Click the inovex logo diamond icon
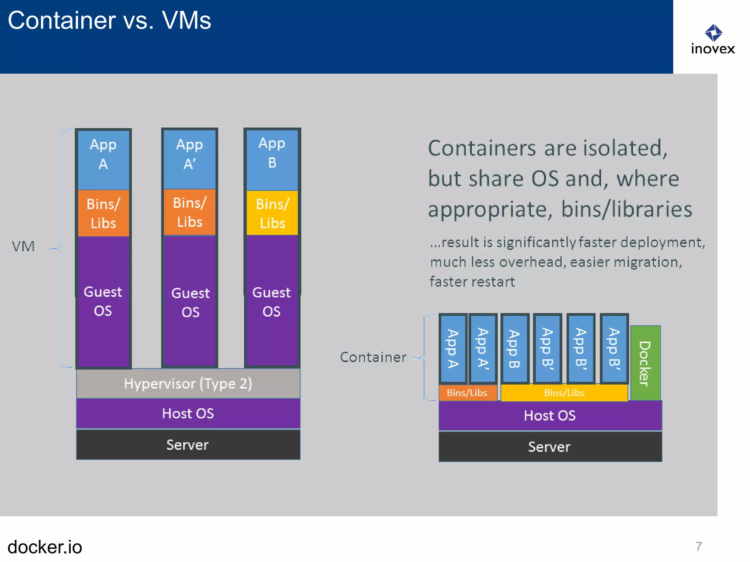(713, 33)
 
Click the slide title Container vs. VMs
(109, 20)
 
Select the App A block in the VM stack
(103, 159)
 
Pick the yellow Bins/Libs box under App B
(272, 213)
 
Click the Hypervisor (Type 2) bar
(188, 383)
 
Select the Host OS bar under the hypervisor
(188, 413)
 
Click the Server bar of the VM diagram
(188, 445)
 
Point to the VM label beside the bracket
(23, 246)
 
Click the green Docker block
(645, 363)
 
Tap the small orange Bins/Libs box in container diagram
(467, 393)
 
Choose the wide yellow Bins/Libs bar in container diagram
(564, 393)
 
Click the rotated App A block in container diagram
(453, 348)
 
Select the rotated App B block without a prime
(515, 348)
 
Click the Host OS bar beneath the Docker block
(550, 416)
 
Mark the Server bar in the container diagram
(550, 447)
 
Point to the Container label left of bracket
(373, 357)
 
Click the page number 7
(699, 546)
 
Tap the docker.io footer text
(45, 547)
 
